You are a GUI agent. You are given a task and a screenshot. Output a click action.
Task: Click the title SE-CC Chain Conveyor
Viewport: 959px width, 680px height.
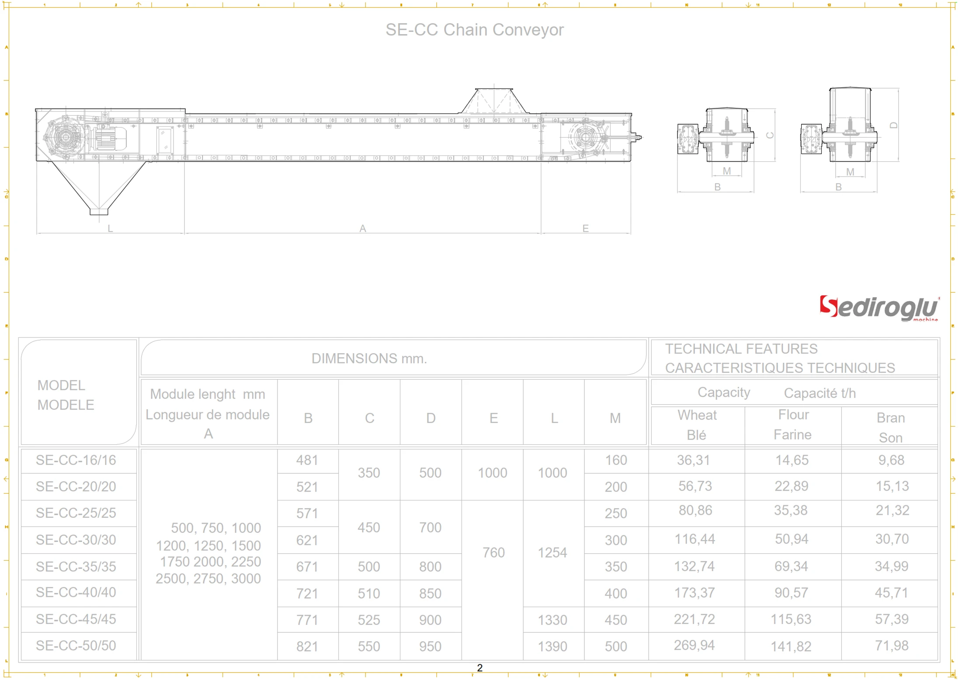coord(474,30)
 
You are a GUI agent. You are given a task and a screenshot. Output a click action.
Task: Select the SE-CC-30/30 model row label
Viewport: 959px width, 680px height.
coord(76,540)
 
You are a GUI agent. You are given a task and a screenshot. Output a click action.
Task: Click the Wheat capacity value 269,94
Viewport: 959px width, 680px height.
coord(694,645)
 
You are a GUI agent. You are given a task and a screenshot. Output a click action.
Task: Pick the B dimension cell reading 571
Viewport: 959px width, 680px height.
coord(307,513)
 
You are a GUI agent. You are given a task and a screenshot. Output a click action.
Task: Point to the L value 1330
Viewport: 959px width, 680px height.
coord(552,620)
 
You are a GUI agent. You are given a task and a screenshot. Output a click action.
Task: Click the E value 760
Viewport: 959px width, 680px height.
coord(493,552)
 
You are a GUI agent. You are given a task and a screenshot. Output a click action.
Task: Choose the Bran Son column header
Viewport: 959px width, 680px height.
coord(890,427)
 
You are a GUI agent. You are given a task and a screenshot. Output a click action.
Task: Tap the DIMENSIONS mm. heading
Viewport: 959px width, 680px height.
coord(369,358)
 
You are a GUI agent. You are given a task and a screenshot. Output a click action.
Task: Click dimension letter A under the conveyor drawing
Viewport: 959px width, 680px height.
coord(362,228)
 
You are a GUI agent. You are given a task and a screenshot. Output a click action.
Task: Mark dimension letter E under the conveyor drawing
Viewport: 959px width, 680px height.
coord(585,228)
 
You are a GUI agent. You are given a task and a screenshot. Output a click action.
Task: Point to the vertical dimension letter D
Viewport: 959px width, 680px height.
coord(893,125)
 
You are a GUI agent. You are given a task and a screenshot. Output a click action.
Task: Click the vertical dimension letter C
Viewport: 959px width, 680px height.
coord(770,135)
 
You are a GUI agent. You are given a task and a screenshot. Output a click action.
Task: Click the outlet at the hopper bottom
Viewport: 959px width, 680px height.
coord(99,212)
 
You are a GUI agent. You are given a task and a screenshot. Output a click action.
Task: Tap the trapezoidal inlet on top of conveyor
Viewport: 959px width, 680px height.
coord(493,101)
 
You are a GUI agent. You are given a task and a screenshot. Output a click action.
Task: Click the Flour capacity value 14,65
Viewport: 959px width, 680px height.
coord(792,460)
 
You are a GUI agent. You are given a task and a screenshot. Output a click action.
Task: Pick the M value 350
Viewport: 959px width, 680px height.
coord(615,566)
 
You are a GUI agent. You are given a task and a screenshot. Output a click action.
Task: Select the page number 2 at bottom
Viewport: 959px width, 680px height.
coord(479,668)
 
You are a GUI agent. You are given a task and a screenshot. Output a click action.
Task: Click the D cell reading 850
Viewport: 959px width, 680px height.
coord(430,593)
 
